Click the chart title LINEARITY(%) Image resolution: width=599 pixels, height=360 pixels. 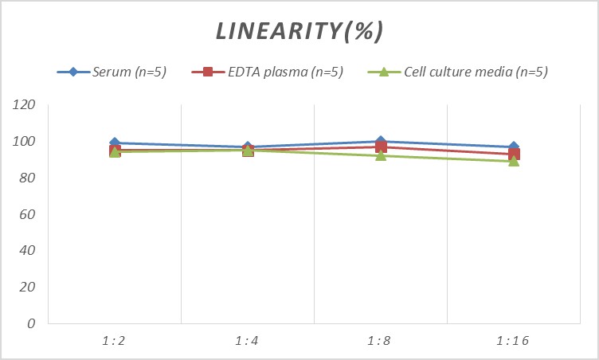[x=299, y=31]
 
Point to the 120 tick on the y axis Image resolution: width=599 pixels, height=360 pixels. [x=25, y=105]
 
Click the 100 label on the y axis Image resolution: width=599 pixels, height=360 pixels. [x=25, y=142]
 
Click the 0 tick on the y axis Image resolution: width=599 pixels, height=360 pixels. [x=31, y=323]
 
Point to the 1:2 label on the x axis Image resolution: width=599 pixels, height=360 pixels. [x=114, y=341]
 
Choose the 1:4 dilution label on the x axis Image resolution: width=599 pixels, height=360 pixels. [x=247, y=341]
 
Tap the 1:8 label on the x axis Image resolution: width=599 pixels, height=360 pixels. [x=381, y=341]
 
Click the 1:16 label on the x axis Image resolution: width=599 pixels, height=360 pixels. [x=514, y=341]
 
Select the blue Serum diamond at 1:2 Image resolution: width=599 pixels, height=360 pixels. [x=115, y=143]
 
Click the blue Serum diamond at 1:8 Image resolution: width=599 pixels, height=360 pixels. [x=381, y=142]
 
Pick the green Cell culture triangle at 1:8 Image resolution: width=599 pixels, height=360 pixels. [x=381, y=155]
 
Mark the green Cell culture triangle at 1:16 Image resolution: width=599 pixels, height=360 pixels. [x=514, y=161]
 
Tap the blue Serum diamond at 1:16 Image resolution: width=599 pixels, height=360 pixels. [x=514, y=147]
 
